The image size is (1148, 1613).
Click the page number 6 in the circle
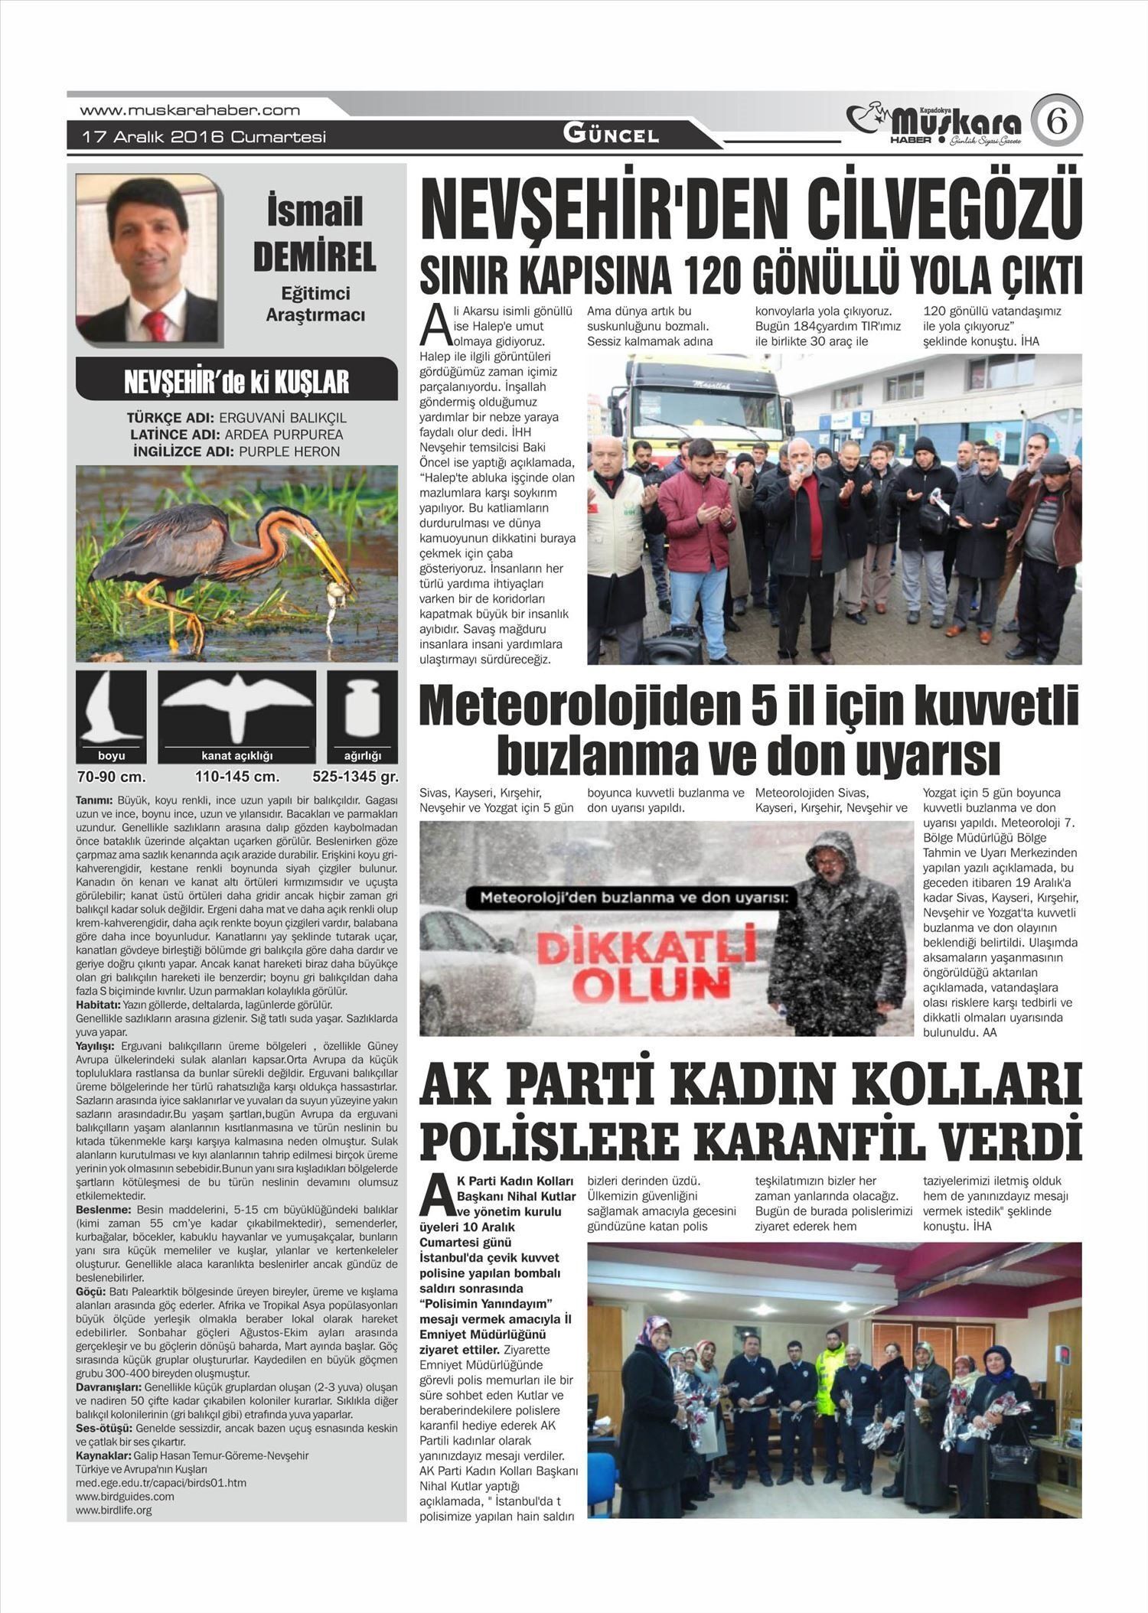(1056, 121)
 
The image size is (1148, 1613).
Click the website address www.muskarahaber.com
(190, 110)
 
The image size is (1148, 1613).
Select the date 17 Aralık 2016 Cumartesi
(204, 137)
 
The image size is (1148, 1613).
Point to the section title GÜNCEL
(611, 135)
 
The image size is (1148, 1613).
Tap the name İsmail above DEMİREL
(315, 211)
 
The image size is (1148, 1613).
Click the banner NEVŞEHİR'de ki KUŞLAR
(236, 381)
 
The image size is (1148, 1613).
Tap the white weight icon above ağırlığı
(362, 708)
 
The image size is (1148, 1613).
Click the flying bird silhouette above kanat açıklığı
(237, 702)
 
